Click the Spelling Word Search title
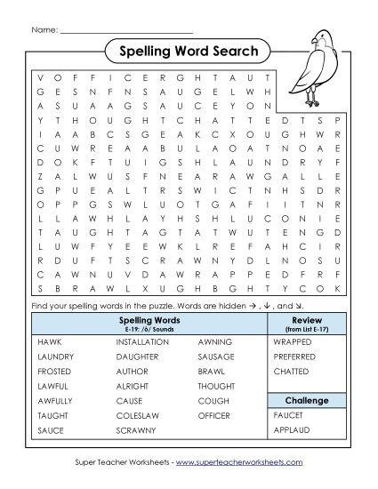point(189,51)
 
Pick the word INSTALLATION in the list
point(142,341)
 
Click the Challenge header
point(306,400)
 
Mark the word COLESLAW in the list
point(136,415)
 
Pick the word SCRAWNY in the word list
point(135,430)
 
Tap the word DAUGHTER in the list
point(137,356)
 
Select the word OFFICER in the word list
point(214,415)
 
